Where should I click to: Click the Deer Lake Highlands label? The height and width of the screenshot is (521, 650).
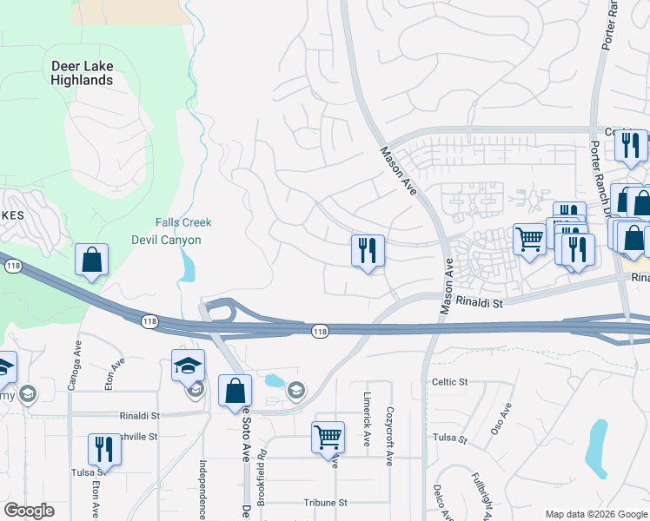[x=83, y=73]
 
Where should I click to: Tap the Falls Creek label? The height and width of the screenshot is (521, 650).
[x=183, y=222]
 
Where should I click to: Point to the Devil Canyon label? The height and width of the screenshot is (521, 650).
[x=166, y=240]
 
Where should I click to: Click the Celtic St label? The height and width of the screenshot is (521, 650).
[x=450, y=382]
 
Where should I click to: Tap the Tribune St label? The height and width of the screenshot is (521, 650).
[x=325, y=503]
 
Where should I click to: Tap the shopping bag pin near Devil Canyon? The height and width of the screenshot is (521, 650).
[x=91, y=260]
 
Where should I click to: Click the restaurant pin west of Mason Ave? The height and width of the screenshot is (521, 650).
[x=368, y=251]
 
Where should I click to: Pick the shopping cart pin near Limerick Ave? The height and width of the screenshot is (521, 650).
[x=328, y=439]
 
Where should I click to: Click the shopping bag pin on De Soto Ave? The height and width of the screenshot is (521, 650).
[x=235, y=392]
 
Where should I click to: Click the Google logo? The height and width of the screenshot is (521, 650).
[x=29, y=511]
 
